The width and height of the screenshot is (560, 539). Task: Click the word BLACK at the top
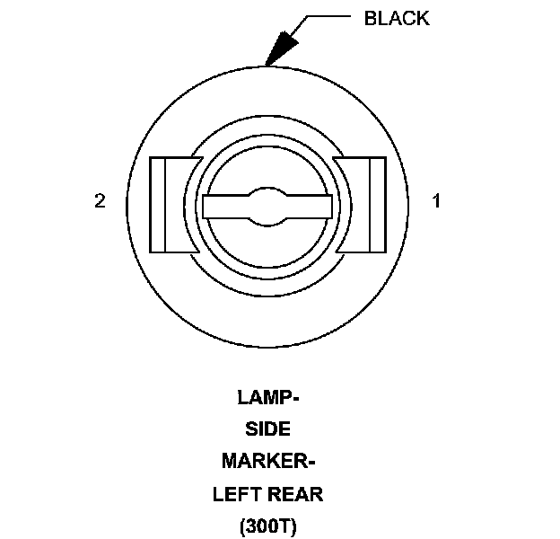396,18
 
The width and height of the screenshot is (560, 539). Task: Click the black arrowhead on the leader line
282,44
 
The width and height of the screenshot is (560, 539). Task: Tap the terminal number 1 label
437,201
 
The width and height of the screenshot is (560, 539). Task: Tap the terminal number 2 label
100,201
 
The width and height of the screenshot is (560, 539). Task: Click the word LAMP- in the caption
267,397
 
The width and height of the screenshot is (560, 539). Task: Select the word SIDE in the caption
267,429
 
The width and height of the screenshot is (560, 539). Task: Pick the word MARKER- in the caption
267,462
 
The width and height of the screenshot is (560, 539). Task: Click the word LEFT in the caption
235,494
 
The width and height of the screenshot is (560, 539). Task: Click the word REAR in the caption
297,494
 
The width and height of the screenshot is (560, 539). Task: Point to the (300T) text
267,526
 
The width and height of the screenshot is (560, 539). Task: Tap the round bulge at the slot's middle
268,207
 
